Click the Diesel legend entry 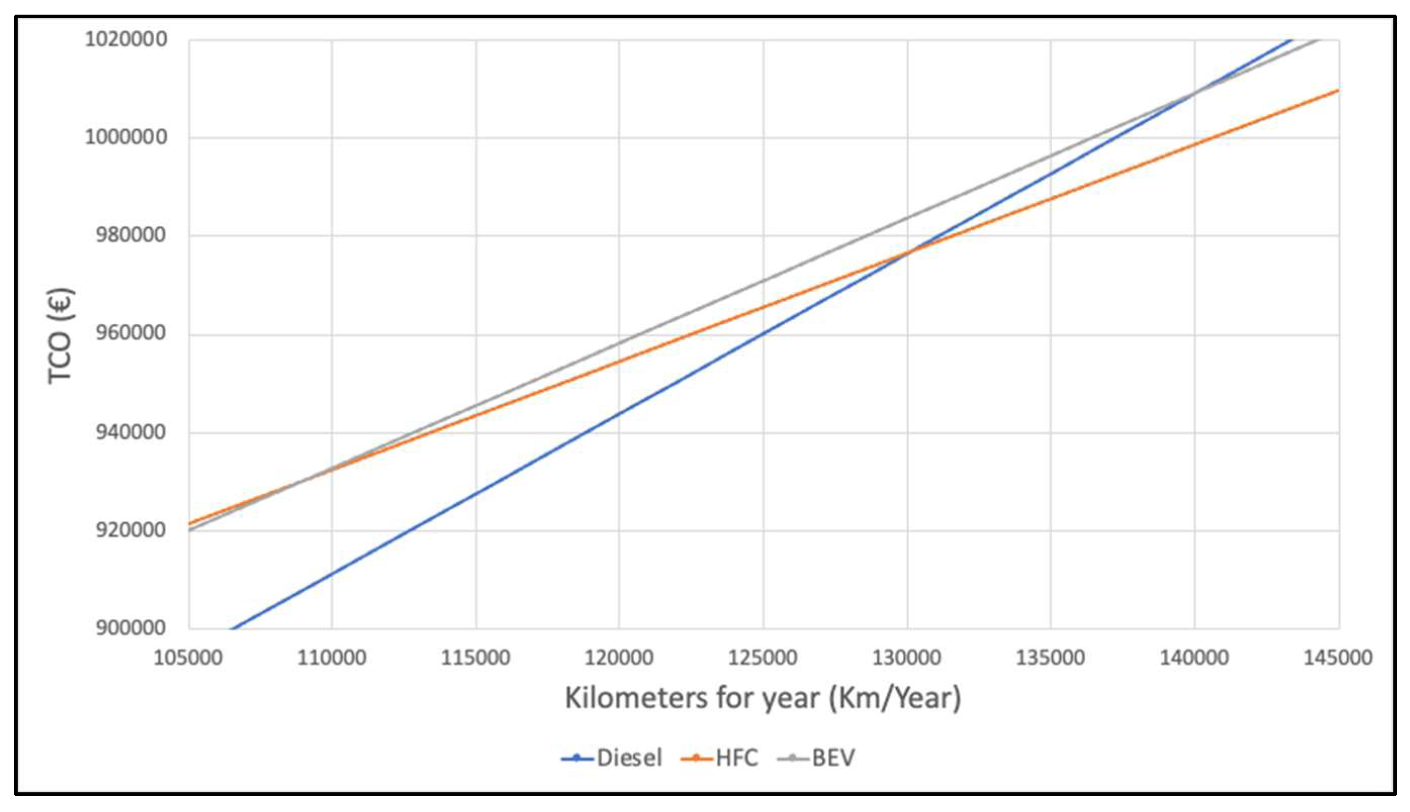612,758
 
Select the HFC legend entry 720,758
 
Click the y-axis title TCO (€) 60,336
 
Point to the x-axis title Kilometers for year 763,698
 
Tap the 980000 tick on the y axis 130,235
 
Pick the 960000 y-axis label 130,333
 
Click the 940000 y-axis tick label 130,432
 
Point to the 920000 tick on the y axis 130,530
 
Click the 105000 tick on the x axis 188,658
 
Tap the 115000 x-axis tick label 476,658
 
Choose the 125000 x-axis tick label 763,658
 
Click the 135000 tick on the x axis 1050,658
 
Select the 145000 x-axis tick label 1337,658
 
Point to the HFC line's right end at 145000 1338,90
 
